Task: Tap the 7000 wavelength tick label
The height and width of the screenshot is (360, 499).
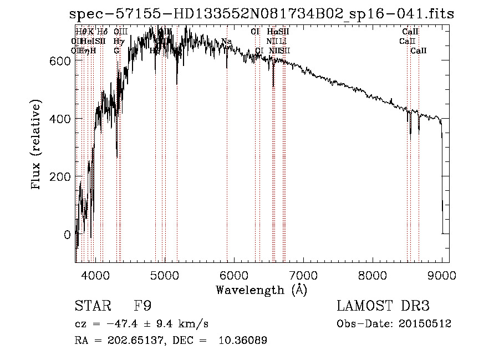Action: click(303, 275)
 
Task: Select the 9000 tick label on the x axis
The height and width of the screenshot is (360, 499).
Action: click(441, 275)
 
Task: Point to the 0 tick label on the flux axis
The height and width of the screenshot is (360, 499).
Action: click(67, 235)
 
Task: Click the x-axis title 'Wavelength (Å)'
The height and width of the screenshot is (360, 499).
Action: click(261, 290)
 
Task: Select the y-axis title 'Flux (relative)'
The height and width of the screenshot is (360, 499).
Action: click(37, 145)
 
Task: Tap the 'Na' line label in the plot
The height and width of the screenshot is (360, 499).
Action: click(226, 41)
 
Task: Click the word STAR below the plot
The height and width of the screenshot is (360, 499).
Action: click(91, 307)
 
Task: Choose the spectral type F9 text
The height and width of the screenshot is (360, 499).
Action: click(142, 307)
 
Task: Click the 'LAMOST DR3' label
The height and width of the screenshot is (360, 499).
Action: click(383, 307)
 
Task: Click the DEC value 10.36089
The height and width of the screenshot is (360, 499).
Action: click(243, 341)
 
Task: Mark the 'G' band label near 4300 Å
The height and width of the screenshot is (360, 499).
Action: click(116, 50)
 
